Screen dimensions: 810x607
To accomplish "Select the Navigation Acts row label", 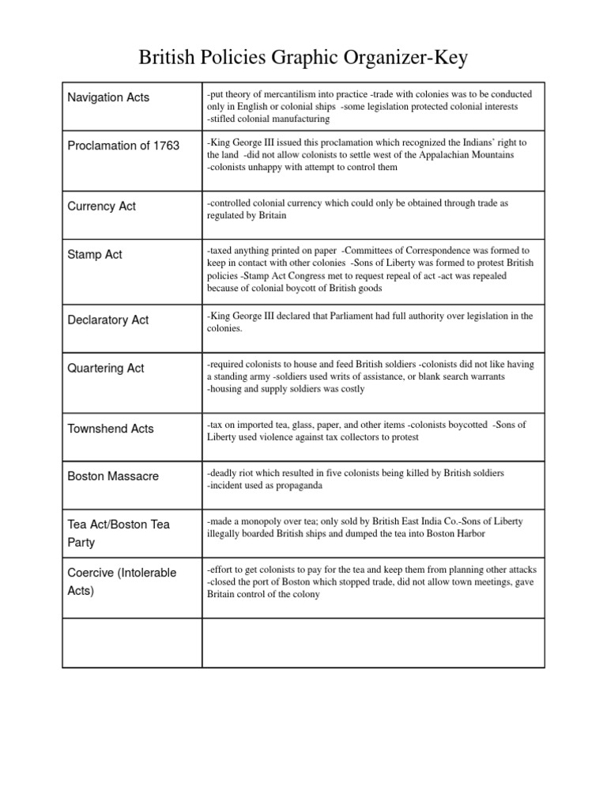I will click(108, 97).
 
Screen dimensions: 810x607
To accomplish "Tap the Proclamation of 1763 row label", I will click(123, 146).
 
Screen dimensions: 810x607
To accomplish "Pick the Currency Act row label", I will click(102, 206).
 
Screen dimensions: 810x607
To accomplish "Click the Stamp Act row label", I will click(95, 255).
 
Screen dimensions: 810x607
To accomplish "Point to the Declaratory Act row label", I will click(108, 320).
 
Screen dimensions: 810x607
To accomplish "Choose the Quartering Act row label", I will click(106, 369).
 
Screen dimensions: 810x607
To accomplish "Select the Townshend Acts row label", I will click(111, 429).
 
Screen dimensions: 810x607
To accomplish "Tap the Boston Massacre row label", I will click(113, 476).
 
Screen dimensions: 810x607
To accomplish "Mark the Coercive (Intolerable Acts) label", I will click(122, 581).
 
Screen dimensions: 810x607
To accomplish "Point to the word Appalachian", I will click(428, 155).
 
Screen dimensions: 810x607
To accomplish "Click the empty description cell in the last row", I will click(373, 643).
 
